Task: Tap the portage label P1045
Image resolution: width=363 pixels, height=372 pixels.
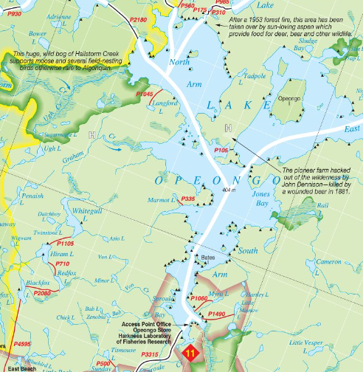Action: pos(145,94)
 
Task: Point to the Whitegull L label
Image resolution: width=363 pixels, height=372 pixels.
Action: pos(89,214)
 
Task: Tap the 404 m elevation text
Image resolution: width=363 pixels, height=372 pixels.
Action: pos(228,190)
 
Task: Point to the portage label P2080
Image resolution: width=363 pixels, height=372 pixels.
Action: pos(43,293)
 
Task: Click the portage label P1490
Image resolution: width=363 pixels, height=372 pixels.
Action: pos(217,314)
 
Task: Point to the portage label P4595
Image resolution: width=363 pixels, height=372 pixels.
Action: pos(22,344)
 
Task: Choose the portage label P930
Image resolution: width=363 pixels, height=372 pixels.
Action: pos(10,14)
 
